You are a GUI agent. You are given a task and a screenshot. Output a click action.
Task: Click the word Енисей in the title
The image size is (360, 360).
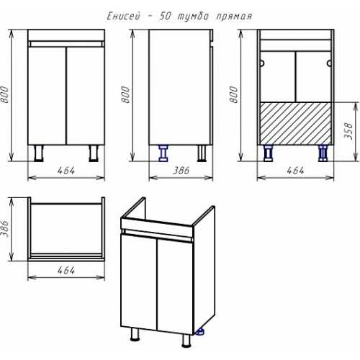tap(123, 17)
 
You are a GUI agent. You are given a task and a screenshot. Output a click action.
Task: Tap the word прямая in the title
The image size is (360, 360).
tap(233, 17)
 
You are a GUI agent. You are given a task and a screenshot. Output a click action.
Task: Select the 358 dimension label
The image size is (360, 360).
tap(348, 131)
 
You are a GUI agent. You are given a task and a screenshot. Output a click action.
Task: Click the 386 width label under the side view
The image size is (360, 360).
tap(181, 171)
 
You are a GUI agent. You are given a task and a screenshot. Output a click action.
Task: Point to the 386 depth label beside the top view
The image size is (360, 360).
tap(5, 229)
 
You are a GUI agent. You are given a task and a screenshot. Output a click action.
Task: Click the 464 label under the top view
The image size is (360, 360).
tap(66, 271)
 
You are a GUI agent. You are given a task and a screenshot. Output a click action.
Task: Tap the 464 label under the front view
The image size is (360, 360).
tap(66, 171)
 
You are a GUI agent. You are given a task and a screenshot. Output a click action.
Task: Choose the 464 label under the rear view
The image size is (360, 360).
tap(295, 171)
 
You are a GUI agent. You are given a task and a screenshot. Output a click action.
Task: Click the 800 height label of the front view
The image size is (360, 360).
tap(5, 94)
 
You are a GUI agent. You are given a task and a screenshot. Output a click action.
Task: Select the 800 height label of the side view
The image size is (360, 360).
tap(126, 94)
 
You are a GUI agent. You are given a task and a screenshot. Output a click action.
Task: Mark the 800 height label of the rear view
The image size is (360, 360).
tap(234, 94)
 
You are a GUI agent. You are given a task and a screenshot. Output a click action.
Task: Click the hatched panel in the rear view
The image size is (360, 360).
tap(296, 123)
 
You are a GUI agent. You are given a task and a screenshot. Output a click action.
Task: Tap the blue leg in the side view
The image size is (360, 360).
tap(163, 153)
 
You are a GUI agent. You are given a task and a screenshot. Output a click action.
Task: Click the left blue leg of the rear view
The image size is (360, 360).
tap(269, 153)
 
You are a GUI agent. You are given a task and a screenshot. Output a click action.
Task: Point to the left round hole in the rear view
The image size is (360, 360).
tap(262, 63)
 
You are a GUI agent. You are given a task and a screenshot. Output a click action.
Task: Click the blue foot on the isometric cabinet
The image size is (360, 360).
tap(199, 332)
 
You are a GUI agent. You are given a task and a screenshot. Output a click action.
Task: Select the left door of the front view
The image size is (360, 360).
tap(47, 96)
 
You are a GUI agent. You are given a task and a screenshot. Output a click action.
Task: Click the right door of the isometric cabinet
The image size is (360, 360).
tap(175, 286)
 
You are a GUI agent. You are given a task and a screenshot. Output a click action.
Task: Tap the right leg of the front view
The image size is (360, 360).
tap(94, 153)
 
